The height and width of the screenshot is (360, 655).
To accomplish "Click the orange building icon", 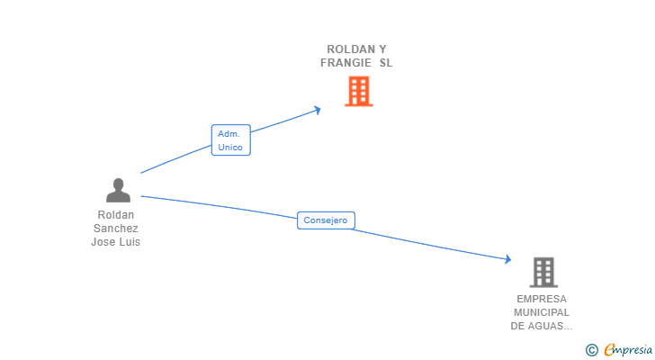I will (358, 91).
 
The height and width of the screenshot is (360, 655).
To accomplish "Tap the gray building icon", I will (543, 272).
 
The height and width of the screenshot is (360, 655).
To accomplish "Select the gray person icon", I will (118, 190).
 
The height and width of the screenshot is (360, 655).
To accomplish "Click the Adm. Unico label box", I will (230, 140).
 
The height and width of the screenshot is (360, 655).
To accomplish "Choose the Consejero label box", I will (326, 220).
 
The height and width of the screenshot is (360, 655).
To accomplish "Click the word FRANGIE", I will (345, 63).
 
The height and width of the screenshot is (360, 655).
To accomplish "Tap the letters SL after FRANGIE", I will (386, 63).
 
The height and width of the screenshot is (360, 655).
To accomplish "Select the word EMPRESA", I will (542, 299).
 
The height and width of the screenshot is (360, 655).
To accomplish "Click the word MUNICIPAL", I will (542, 312).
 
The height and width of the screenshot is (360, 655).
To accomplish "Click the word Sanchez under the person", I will (116, 229).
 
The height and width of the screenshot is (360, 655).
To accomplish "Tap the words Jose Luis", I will (116, 242).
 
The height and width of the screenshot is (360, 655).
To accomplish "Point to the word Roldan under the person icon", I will (116, 215).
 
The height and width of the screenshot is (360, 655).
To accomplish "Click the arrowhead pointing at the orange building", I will (317, 110).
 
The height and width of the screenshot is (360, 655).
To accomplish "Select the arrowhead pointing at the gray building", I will (507, 259).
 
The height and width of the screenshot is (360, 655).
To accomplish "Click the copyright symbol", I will (591, 349).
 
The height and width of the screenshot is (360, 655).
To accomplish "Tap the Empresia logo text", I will (628, 349).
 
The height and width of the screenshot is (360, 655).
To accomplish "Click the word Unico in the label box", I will (230, 148).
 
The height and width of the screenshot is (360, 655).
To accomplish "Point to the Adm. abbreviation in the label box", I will (229, 133).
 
